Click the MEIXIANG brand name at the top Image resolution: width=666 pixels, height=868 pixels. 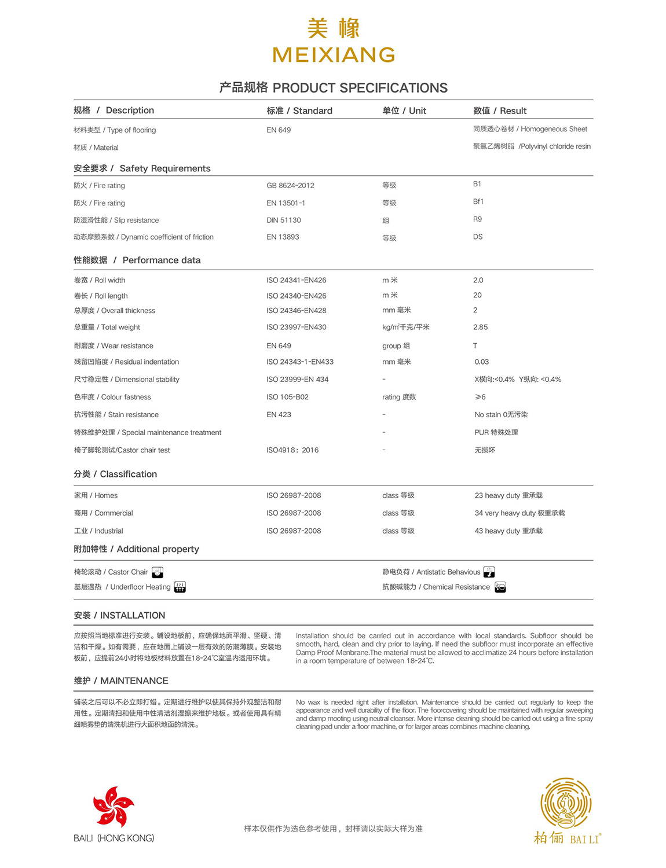click(334, 55)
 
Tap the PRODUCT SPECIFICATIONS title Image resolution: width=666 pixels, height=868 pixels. click(334, 88)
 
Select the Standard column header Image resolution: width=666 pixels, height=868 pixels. click(299, 111)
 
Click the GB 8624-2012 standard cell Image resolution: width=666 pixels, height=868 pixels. click(290, 186)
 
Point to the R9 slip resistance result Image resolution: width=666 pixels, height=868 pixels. click(477, 219)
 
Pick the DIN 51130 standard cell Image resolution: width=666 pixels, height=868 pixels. click(283, 220)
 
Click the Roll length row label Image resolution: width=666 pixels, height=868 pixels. click(101, 296)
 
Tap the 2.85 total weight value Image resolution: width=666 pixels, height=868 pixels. click(480, 327)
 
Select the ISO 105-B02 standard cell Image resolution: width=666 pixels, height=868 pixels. click(287, 397)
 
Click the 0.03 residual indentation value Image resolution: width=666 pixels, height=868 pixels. click(481, 362)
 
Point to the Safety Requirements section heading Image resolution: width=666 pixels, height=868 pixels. click(142, 168)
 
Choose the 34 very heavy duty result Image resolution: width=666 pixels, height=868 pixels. click(519, 513)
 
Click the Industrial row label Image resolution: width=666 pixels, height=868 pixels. click(98, 531)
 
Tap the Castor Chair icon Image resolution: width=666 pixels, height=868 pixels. click(158, 572)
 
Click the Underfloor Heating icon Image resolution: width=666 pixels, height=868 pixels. click(180, 587)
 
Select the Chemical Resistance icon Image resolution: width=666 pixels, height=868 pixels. click(500, 587)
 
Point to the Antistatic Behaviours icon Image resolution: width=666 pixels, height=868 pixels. click(489, 572)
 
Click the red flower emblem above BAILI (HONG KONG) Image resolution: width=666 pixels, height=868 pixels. click(114, 806)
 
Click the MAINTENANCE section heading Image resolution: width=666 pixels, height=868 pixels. click(121, 681)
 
